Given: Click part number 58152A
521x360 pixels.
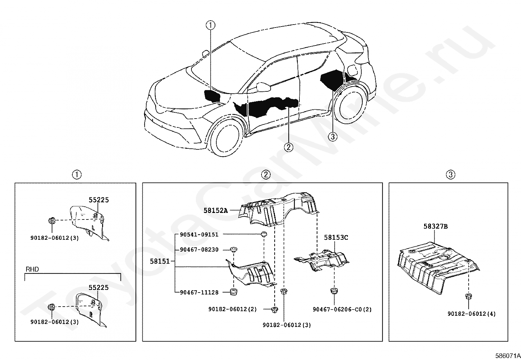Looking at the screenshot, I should coord(215,210).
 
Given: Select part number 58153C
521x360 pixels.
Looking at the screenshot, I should coord(336,237).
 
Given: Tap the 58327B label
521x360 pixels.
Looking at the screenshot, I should coord(435,226).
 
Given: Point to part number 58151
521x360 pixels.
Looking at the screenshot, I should coord(160,261).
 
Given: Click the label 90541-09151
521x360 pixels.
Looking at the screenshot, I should coord(199,235).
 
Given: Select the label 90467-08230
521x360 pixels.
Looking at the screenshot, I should coord(199,250).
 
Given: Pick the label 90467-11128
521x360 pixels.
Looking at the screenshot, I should coord(199,292).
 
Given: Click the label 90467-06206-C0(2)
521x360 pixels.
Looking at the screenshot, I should coord(342,309).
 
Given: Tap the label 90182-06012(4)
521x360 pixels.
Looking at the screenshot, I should coord(471,314).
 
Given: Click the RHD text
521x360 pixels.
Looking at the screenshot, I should coord(32,270).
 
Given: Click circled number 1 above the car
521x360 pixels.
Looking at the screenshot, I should coord(210,25).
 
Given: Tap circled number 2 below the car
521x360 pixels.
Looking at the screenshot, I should coord(288,147).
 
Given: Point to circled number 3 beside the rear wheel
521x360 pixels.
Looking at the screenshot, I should coord(332,136).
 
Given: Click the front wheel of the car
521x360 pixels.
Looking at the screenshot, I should coord(226,137).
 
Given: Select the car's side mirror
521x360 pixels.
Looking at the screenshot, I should coord(264,87).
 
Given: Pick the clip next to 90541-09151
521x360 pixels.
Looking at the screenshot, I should coord(263,234).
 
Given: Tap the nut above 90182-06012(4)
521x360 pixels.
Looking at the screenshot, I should coord(468,297).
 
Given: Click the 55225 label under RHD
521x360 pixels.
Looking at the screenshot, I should coord(99,288).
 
